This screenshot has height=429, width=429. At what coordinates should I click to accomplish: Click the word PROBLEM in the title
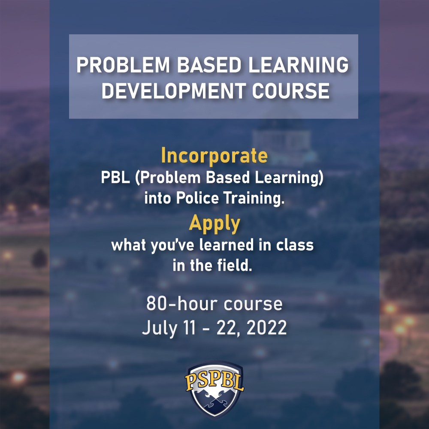(x=123, y=65)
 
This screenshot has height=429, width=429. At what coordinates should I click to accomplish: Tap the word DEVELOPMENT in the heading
(x=174, y=91)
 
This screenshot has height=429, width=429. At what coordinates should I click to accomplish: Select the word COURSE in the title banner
(x=290, y=91)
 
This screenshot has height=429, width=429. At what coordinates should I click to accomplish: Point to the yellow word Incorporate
(x=214, y=155)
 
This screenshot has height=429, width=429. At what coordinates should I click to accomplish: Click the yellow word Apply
(x=214, y=224)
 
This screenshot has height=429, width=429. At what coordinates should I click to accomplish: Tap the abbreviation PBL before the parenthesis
(x=115, y=177)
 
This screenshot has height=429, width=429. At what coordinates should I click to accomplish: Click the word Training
(x=254, y=198)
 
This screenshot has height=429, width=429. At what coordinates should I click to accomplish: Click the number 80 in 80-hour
(x=156, y=304)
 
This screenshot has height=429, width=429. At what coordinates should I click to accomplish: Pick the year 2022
(x=266, y=327)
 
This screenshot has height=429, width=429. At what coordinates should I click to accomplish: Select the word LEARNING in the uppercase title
(x=299, y=65)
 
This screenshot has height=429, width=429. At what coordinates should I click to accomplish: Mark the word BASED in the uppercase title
(x=209, y=65)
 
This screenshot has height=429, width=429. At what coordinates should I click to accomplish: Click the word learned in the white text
(x=226, y=245)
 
